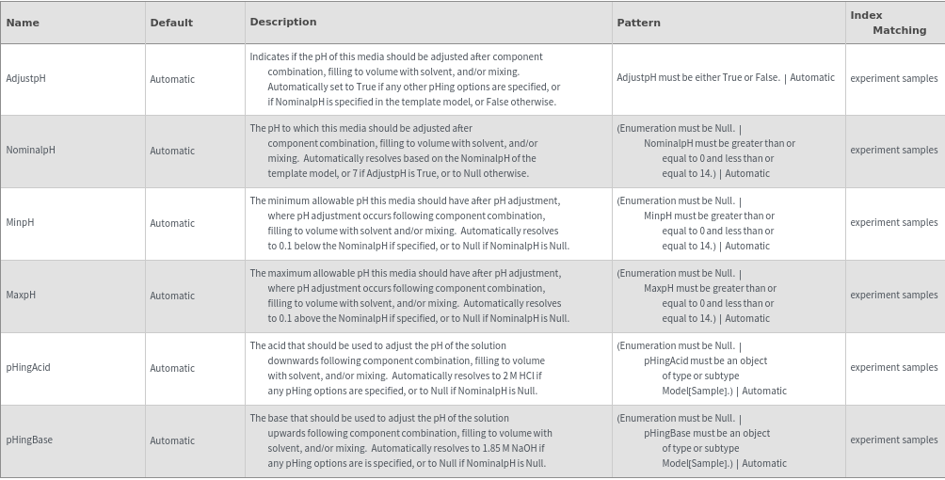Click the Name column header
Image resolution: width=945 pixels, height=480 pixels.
pos(23,23)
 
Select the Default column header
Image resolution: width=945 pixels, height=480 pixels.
pos(171,23)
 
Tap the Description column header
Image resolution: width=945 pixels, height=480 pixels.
pos(283,22)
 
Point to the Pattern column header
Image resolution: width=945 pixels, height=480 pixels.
pos(639,23)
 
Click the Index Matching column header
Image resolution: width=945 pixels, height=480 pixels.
pos(888,23)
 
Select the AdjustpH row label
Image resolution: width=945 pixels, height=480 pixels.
pos(26,79)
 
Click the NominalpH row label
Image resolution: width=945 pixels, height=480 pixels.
pos(31,151)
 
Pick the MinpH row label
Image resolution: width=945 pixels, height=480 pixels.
pos(21,223)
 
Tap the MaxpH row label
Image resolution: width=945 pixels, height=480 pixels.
pos(22,296)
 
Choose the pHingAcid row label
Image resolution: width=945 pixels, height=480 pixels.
pos(28,368)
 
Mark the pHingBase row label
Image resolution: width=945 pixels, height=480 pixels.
pos(29,440)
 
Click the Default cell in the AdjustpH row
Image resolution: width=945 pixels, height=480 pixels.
pos(172,79)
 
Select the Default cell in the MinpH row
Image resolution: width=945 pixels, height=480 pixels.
pos(172,223)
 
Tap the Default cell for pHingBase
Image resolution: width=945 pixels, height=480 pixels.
pos(172,440)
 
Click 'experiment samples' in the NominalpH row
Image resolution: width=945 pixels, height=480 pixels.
pos(893,151)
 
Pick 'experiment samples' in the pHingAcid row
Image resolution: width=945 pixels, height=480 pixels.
pos(893,368)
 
